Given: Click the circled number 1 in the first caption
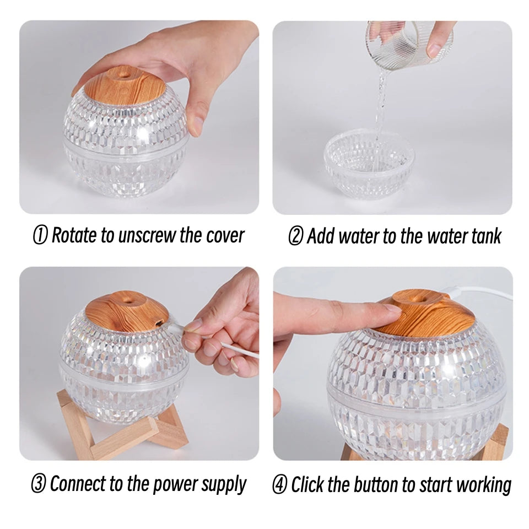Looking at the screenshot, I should (40, 236).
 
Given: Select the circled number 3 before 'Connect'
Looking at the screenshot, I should (38, 485).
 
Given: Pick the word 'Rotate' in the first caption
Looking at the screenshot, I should (75, 236).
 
